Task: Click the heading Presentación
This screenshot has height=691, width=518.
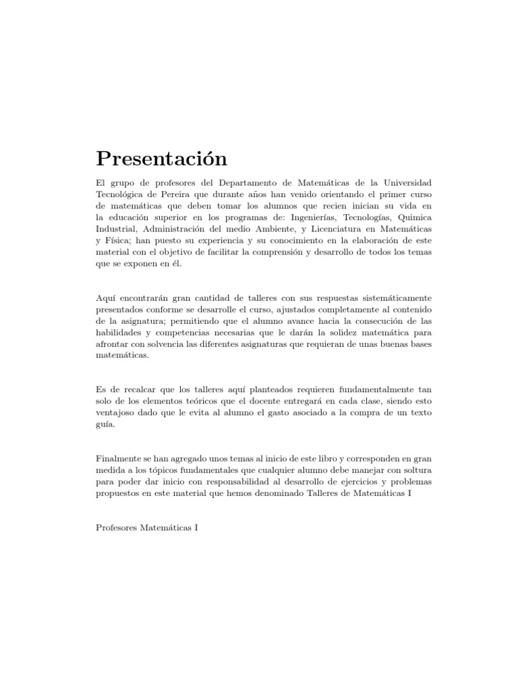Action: coord(161,159)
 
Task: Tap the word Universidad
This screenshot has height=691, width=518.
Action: coord(398,184)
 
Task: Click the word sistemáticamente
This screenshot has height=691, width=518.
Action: coord(384,298)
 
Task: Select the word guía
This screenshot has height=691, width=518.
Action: coord(106,424)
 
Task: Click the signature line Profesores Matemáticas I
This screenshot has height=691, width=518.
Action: coord(147,526)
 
